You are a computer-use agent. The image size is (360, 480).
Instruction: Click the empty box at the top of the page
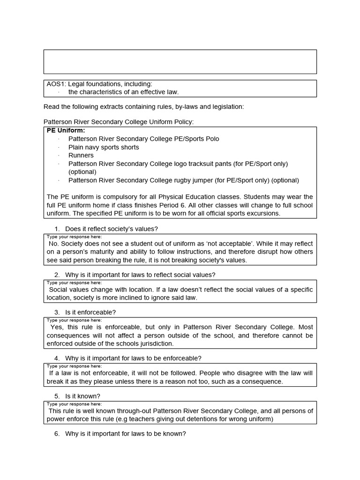coord(180,62)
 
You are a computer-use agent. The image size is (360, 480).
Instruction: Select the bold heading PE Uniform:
coord(66,131)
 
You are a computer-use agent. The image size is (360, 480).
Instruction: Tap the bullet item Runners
coord(81,155)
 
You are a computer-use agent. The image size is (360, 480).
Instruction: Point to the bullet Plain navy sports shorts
coord(104,147)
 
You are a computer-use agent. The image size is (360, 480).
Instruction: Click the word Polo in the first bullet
coord(212,139)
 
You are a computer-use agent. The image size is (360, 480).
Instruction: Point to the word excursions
coord(264,213)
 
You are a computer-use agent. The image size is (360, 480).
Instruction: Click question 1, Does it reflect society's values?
coord(112,229)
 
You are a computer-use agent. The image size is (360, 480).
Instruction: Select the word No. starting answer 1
coord(54,244)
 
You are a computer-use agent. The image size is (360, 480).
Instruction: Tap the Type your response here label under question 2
coord(74,283)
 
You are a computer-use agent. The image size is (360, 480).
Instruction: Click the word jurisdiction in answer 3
coord(155,344)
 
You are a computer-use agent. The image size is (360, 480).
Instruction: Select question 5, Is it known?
coord(82,396)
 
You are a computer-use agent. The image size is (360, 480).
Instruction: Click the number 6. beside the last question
coord(57,434)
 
